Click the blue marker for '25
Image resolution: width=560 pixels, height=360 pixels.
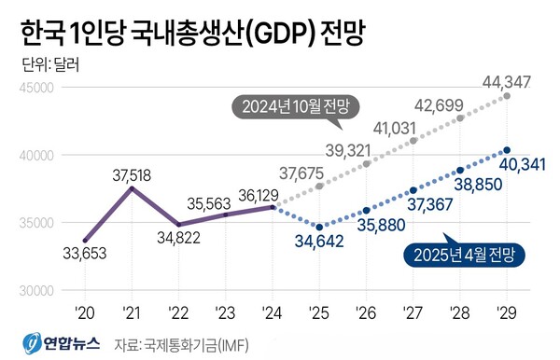pyautogui.click(x=319, y=227)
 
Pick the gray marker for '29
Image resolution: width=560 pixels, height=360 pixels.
pyautogui.click(x=507, y=96)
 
